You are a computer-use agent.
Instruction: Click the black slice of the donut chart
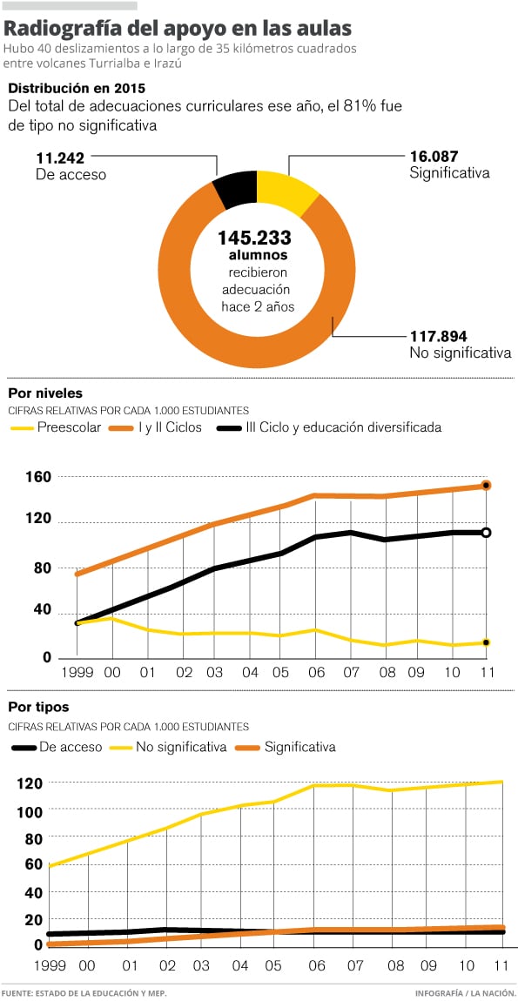235,189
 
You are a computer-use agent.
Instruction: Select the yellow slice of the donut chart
283,191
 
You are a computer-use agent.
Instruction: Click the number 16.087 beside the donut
435,157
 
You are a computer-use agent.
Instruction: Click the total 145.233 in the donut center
254,238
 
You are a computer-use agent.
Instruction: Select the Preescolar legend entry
57,427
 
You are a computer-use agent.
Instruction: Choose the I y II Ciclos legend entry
157,427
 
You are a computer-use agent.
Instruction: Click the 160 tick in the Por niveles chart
37,476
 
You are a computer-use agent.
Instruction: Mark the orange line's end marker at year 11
486,485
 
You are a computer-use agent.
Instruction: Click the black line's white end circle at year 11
486,533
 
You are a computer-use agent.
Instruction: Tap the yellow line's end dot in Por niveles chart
486,642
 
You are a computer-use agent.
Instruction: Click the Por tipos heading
38,708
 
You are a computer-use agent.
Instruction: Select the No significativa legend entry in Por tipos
169,747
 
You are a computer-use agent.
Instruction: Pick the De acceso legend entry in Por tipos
57,747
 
